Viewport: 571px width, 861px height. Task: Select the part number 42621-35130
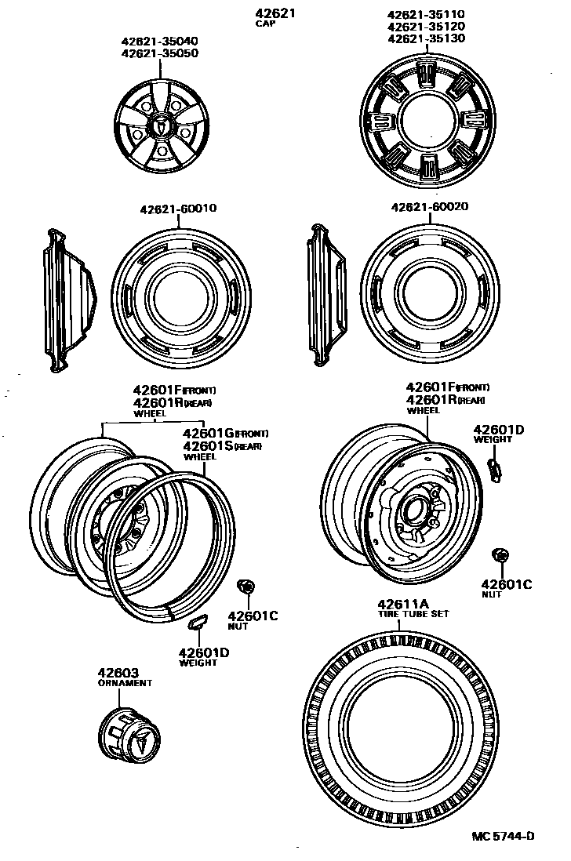pyautogui.click(x=427, y=38)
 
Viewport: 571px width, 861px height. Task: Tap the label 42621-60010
pyautogui.click(x=178, y=209)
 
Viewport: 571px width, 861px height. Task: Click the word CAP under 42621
pyautogui.click(x=265, y=24)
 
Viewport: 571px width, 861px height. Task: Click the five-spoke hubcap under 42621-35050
pyautogui.click(x=160, y=127)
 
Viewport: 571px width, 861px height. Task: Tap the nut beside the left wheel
pyautogui.click(x=245, y=587)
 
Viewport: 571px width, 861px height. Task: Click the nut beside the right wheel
pyautogui.click(x=498, y=556)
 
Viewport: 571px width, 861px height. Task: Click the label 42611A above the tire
pyautogui.click(x=403, y=604)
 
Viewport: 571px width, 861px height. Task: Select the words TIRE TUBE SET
pyautogui.click(x=413, y=614)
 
